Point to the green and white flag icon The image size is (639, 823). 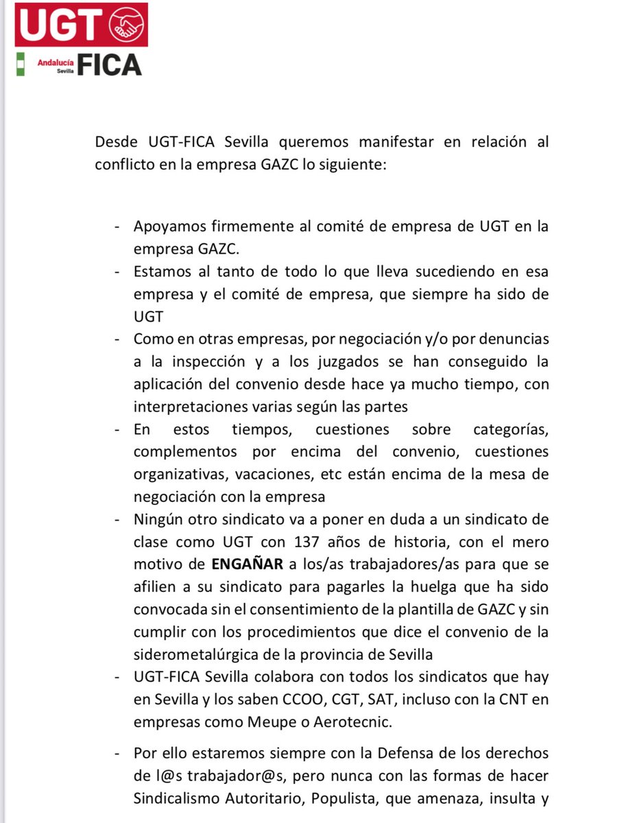[21, 63]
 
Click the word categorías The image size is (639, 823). [511, 429]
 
